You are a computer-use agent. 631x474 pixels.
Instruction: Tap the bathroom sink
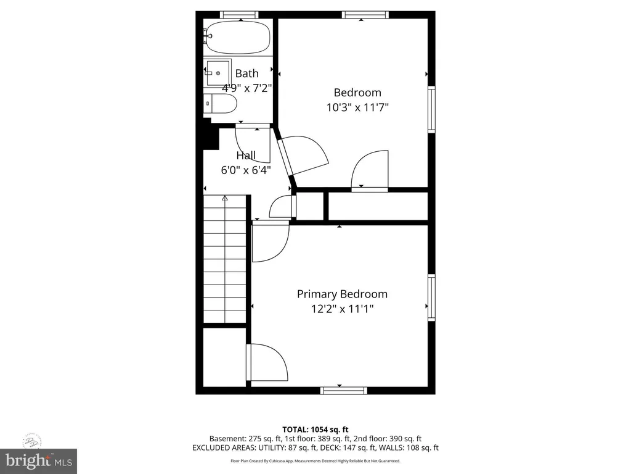218,73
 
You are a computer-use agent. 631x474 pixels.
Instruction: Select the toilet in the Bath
220,104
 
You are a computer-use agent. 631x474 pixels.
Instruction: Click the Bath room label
246,73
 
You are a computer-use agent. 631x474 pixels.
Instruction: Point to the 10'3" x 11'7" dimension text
357,107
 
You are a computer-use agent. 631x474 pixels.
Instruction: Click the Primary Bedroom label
342,294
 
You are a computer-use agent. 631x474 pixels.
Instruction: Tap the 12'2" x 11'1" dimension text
342,309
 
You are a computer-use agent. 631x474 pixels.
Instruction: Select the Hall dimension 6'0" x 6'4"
245,170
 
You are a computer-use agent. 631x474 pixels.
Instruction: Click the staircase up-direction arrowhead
224,198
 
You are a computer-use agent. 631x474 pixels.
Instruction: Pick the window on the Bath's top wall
239,15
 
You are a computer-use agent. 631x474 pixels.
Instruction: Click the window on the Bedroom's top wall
365,15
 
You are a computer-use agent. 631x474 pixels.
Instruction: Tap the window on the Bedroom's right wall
431,109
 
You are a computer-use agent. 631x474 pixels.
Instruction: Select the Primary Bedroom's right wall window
431,297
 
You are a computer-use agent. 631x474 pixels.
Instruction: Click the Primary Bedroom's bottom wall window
344,390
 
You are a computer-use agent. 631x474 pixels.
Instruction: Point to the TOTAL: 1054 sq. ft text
315,430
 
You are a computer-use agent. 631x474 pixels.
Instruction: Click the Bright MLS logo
39,461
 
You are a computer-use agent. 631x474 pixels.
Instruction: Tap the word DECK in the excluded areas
331,448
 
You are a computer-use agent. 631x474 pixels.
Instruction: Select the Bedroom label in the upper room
357,93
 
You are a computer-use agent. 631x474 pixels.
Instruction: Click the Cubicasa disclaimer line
315,460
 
